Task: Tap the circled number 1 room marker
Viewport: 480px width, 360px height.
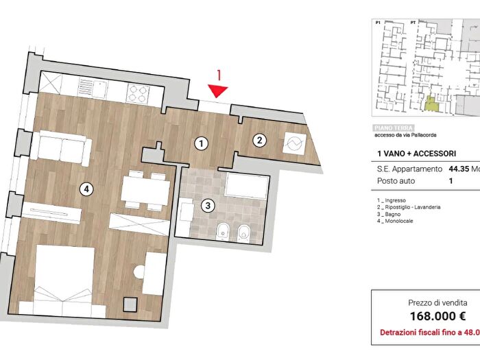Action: point(201,143)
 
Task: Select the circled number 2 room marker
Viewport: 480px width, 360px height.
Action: point(259,141)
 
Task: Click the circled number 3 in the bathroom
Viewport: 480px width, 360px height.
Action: point(208,204)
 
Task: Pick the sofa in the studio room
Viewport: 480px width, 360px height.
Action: point(62,147)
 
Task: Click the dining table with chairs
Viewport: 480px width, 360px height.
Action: point(145,190)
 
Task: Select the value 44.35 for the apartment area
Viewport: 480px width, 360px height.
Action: point(460,168)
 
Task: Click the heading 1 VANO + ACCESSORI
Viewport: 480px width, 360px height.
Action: point(417,154)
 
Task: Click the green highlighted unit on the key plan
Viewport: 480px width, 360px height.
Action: point(430,104)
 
